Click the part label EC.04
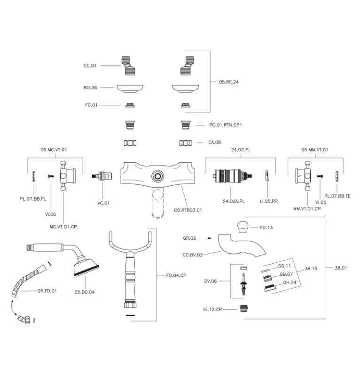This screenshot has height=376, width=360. pos(90,66)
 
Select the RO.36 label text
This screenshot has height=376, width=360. pos(90,87)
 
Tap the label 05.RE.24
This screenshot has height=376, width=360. pos(229,81)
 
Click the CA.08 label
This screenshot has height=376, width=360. pos(214,142)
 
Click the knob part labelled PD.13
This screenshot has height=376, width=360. pos(243,226)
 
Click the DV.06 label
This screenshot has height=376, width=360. pos(210,281)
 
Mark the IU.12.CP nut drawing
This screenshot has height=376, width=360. pos(243,309)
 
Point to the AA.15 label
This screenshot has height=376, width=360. pos(311,268)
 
